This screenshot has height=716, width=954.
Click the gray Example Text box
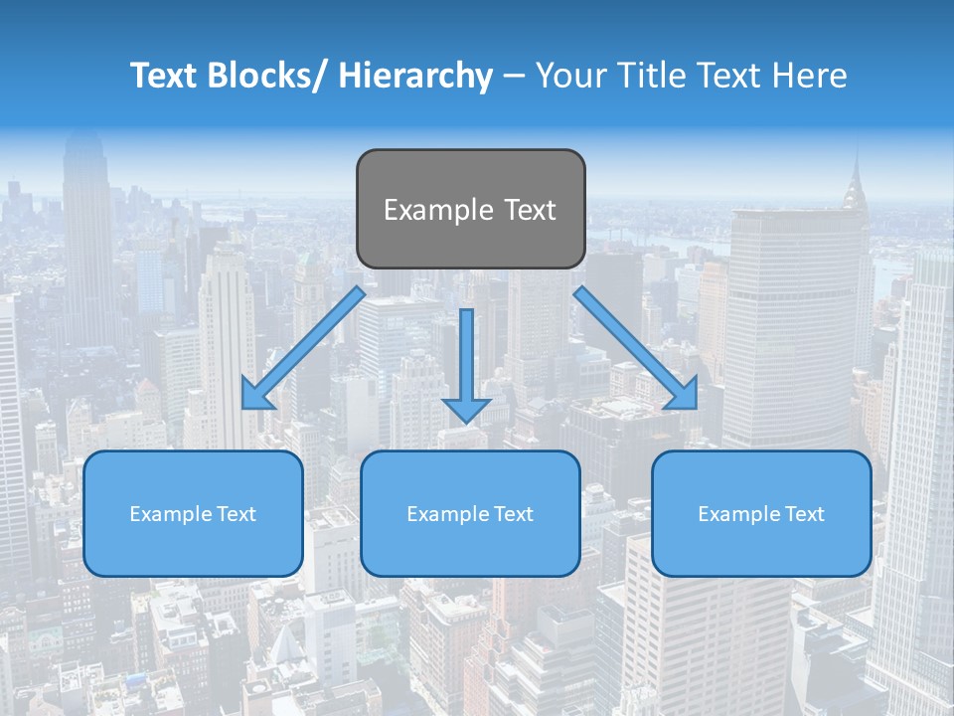[x=470, y=209]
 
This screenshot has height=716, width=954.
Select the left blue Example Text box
[x=193, y=513]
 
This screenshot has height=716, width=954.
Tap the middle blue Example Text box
[x=470, y=513]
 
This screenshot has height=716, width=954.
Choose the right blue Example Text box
[x=761, y=513]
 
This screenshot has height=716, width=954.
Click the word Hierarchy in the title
[x=415, y=76]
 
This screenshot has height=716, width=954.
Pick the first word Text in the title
[x=166, y=76]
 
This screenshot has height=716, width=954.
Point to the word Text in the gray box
[x=529, y=210]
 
